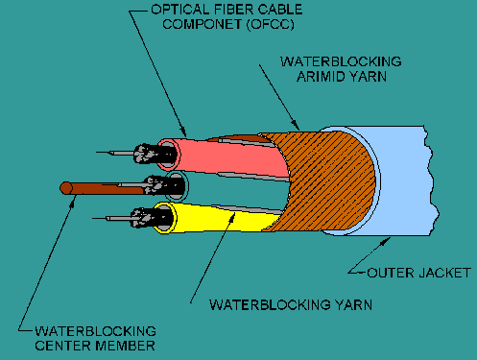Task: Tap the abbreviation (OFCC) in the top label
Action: point(271,25)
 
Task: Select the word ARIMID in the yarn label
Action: point(315,77)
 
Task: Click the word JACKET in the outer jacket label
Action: point(444,273)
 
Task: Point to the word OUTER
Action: point(391,273)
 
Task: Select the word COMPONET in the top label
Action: point(202,25)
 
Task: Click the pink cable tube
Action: point(230,156)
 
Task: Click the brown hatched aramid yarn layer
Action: point(329,180)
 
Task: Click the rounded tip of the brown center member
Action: point(62,188)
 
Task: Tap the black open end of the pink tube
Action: point(169,155)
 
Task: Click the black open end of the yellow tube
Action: point(165,218)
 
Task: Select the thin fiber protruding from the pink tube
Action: point(115,153)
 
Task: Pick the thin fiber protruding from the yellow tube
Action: point(112,219)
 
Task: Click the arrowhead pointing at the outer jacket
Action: point(385,240)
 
